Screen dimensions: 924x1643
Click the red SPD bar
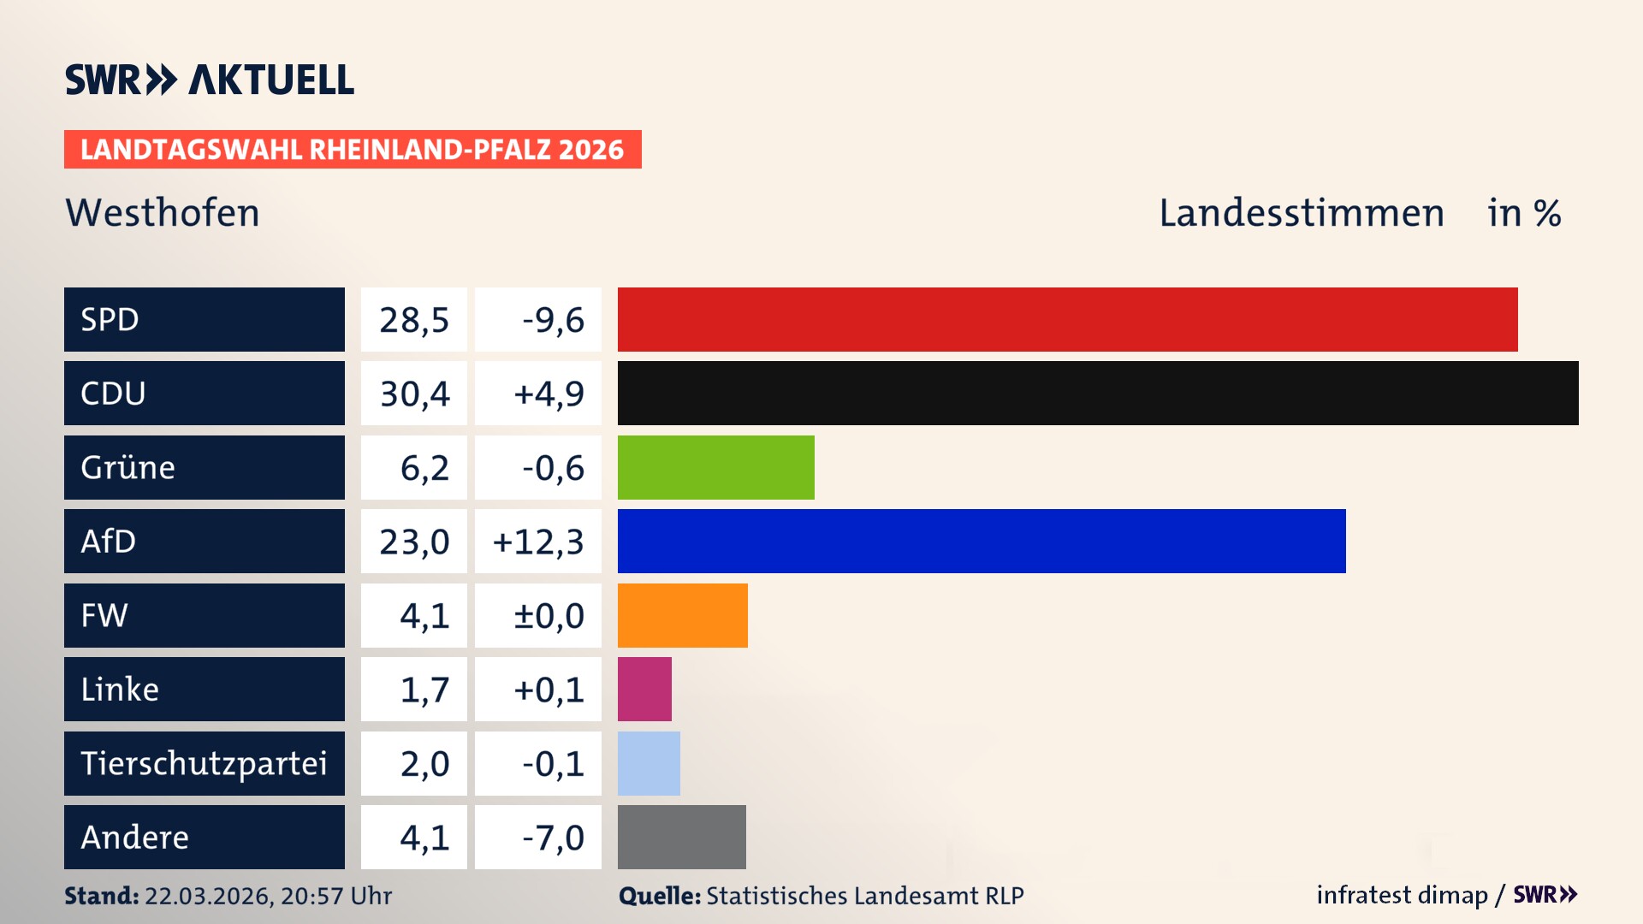coord(1067,319)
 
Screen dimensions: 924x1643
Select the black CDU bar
coord(1098,393)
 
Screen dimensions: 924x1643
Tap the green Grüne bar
coord(715,467)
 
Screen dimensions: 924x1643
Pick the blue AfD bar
coord(982,541)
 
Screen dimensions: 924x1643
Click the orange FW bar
coord(682,615)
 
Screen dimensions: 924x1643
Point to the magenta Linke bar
coord(644,689)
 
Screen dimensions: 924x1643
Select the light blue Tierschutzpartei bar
coord(649,763)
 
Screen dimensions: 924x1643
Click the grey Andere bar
coord(681,837)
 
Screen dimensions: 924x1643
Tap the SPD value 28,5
coord(414,320)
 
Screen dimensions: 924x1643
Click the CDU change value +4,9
coord(548,394)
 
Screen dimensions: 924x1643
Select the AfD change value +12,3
coord(538,542)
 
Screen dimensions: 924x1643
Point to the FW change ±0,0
coord(548,615)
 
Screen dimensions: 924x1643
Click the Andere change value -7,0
coord(553,838)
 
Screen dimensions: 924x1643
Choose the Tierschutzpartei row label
coord(204,763)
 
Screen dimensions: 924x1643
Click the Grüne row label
coord(128,467)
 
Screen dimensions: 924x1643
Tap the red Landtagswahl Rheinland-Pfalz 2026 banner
coord(353,150)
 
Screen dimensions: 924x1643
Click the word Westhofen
coord(163,213)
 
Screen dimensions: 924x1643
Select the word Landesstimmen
coord(1301,213)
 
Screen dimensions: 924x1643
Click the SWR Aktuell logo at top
coord(210,80)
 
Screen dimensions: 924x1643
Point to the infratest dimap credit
coord(1402,895)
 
